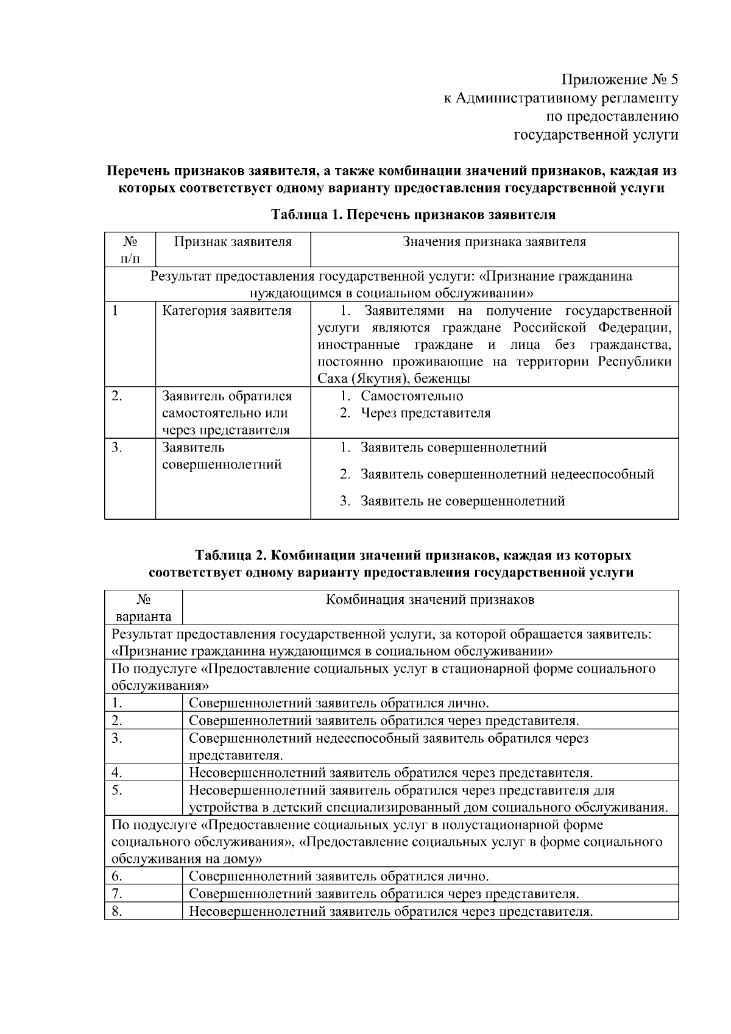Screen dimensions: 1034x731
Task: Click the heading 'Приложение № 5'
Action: (619, 80)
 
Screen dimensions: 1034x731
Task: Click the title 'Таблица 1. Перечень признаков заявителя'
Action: (413, 214)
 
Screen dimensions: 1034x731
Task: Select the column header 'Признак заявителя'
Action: (233, 242)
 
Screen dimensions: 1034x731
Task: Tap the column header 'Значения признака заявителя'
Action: (494, 242)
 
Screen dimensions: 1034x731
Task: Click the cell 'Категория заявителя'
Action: (227, 311)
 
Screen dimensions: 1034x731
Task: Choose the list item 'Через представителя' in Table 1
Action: (425, 413)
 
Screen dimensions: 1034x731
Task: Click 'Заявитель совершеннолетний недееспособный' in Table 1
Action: (507, 474)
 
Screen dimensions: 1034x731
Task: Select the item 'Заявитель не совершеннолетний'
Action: (462, 501)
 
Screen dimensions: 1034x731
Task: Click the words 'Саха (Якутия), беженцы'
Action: (394, 378)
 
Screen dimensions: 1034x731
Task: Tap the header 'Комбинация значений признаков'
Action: (430, 600)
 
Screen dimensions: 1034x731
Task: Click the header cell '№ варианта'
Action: (143, 607)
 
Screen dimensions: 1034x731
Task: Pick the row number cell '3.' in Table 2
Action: (117, 738)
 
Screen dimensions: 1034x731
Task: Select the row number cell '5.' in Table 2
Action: (117, 791)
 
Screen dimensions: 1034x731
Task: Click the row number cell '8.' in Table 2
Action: (117, 912)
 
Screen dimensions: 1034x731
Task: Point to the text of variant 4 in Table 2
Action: (390, 773)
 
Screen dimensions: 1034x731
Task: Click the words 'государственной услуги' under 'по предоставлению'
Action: (596, 134)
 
